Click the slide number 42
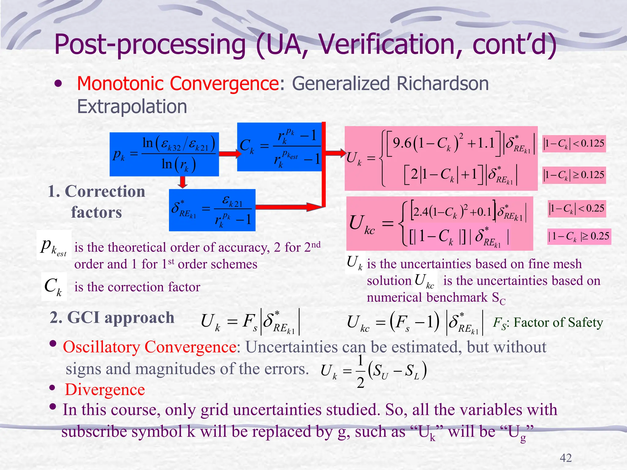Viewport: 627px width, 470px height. tap(565, 458)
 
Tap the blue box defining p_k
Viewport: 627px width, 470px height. tap(164, 154)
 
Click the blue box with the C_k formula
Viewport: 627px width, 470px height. tap(279, 147)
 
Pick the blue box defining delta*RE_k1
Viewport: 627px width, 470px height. tap(212, 210)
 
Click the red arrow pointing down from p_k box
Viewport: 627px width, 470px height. tap(183, 182)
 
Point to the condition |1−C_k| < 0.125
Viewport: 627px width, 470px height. tap(574, 144)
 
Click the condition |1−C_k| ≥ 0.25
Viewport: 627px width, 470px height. tap(579, 237)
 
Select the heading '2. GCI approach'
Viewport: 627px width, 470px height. tap(112, 318)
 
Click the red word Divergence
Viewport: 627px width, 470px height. tap(105, 390)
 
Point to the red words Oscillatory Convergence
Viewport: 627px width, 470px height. tap(149, 347)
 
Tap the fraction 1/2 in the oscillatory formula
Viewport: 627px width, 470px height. tap(360, 371)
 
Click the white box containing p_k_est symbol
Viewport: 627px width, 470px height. tap(54, 245)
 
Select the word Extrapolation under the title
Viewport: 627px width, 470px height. tap(132, 107)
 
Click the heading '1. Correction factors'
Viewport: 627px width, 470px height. tap(96, 201)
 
